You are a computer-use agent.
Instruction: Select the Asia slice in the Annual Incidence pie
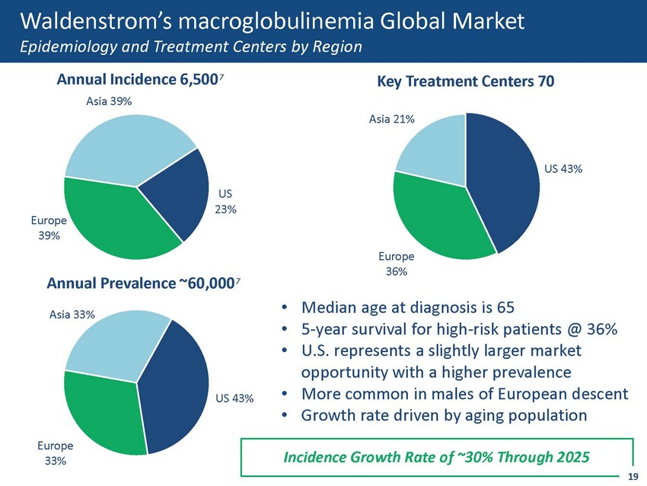point(129,149)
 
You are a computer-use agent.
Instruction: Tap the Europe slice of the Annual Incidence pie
point(114,221)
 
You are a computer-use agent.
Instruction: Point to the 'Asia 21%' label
point(391,119)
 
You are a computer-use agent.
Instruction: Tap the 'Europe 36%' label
point(394,264)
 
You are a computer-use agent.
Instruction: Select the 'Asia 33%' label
point(72,314)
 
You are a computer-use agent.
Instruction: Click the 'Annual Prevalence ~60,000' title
point(142,284)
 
